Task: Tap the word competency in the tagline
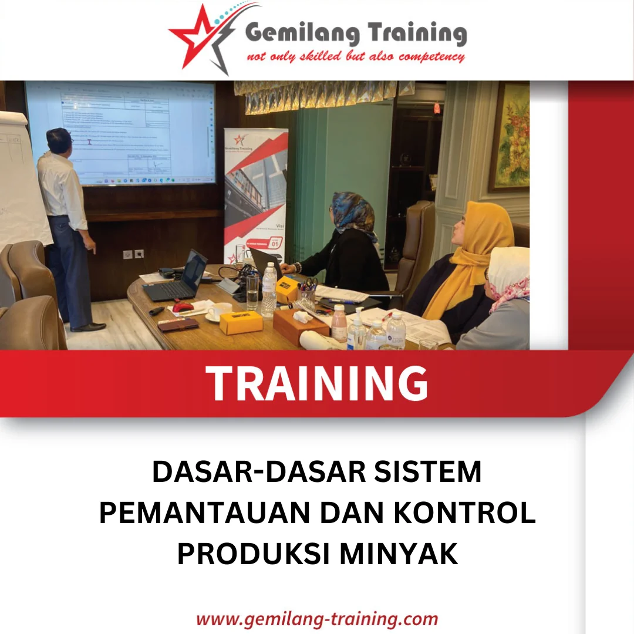coord(431,57)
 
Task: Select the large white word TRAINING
coord(317,383)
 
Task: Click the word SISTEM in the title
coord(432,472)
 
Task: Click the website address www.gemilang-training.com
coord(317,619)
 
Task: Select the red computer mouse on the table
coord(184,306)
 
